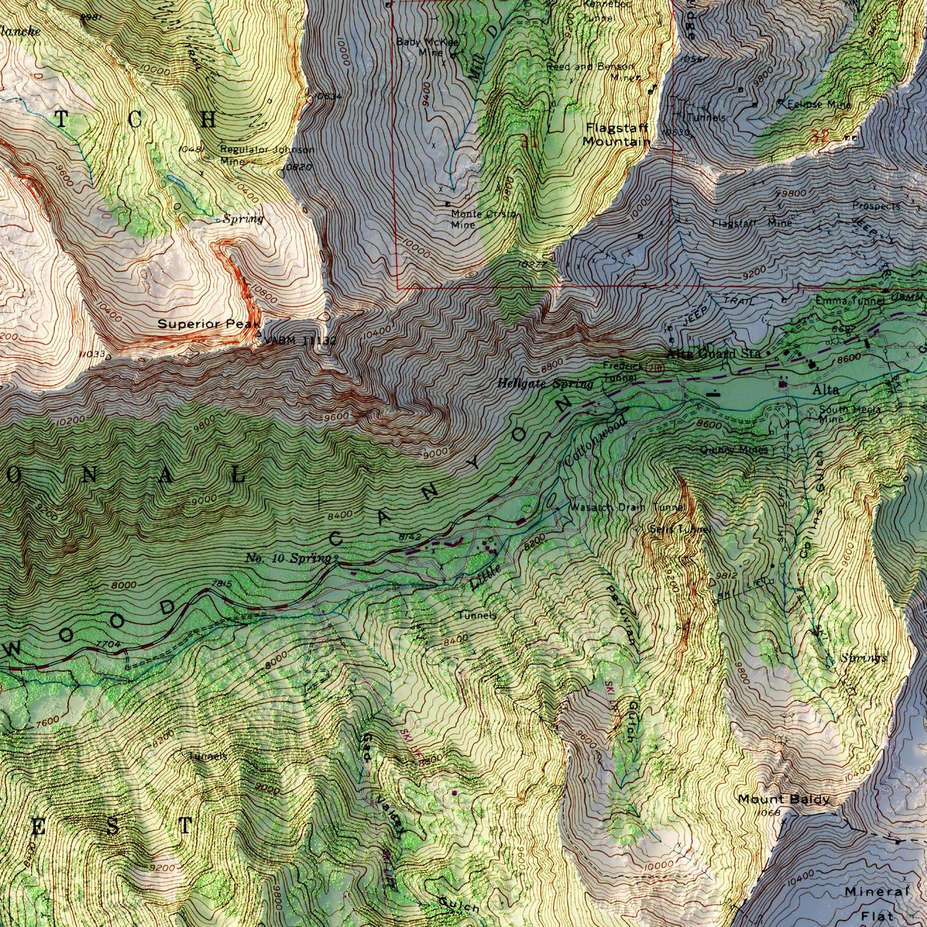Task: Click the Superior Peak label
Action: pyautogui.click(x=200, y=324)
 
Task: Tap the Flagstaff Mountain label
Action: pyautogui.click(x=617, y=134)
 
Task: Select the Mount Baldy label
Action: pyautogui.click(x=783, y=799)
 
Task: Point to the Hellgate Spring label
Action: pyautogui.click(x=545, y=384)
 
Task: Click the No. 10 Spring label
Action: pyautogui.click(x=287, y=558)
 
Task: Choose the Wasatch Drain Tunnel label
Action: pyautogui.click(x=628, y=507)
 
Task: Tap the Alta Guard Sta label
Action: pyautogui.click(x=713, y=353)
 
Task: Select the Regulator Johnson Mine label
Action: pyautogui.click(x=266, y=155)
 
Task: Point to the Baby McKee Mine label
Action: pyautogui.click(x=427, y=47)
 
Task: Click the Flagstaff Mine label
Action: pyautogui.click(x=751, y=223)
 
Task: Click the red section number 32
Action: pyautogui.click(x=819, y=136)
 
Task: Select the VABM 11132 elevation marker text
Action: pyautogui.click(x=300, y=340)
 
